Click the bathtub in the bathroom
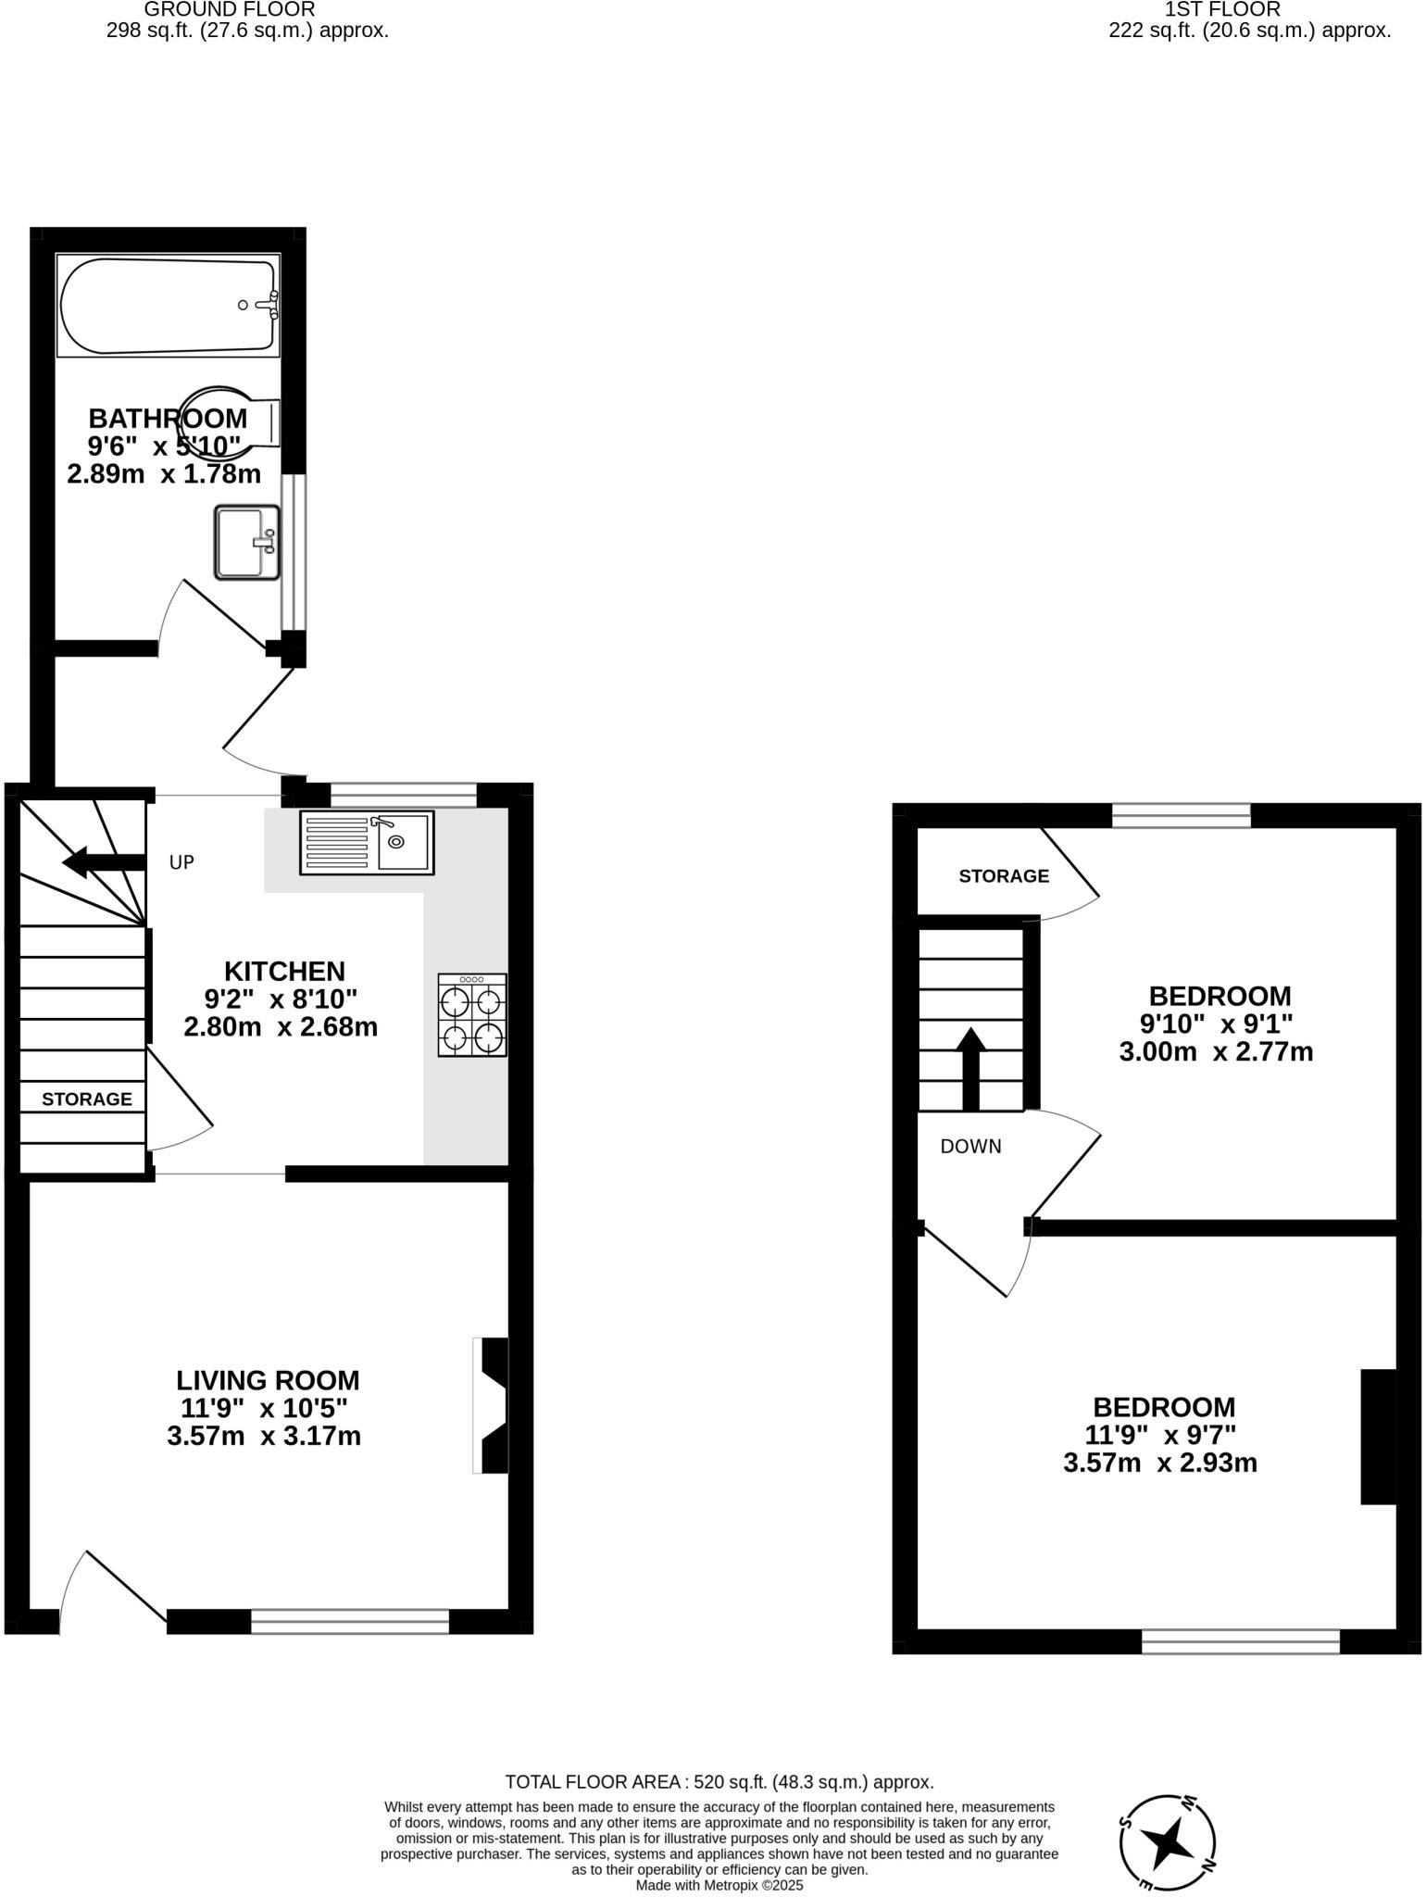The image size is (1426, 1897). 168,305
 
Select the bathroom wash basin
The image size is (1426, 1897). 246,543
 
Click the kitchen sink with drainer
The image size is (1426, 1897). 367,842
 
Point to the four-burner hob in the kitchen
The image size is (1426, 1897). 472,1015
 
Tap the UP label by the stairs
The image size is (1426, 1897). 181,862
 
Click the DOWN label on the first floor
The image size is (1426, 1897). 970,1147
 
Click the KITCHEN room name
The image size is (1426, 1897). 284,971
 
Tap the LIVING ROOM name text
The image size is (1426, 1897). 268,1380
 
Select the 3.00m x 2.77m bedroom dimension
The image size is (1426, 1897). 1216,1052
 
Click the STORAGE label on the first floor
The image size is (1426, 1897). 1004,876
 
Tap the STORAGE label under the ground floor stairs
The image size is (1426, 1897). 87,1099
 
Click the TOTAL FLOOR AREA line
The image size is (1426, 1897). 719,1782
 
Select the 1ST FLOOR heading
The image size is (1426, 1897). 1222,9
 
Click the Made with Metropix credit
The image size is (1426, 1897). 719,1885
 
